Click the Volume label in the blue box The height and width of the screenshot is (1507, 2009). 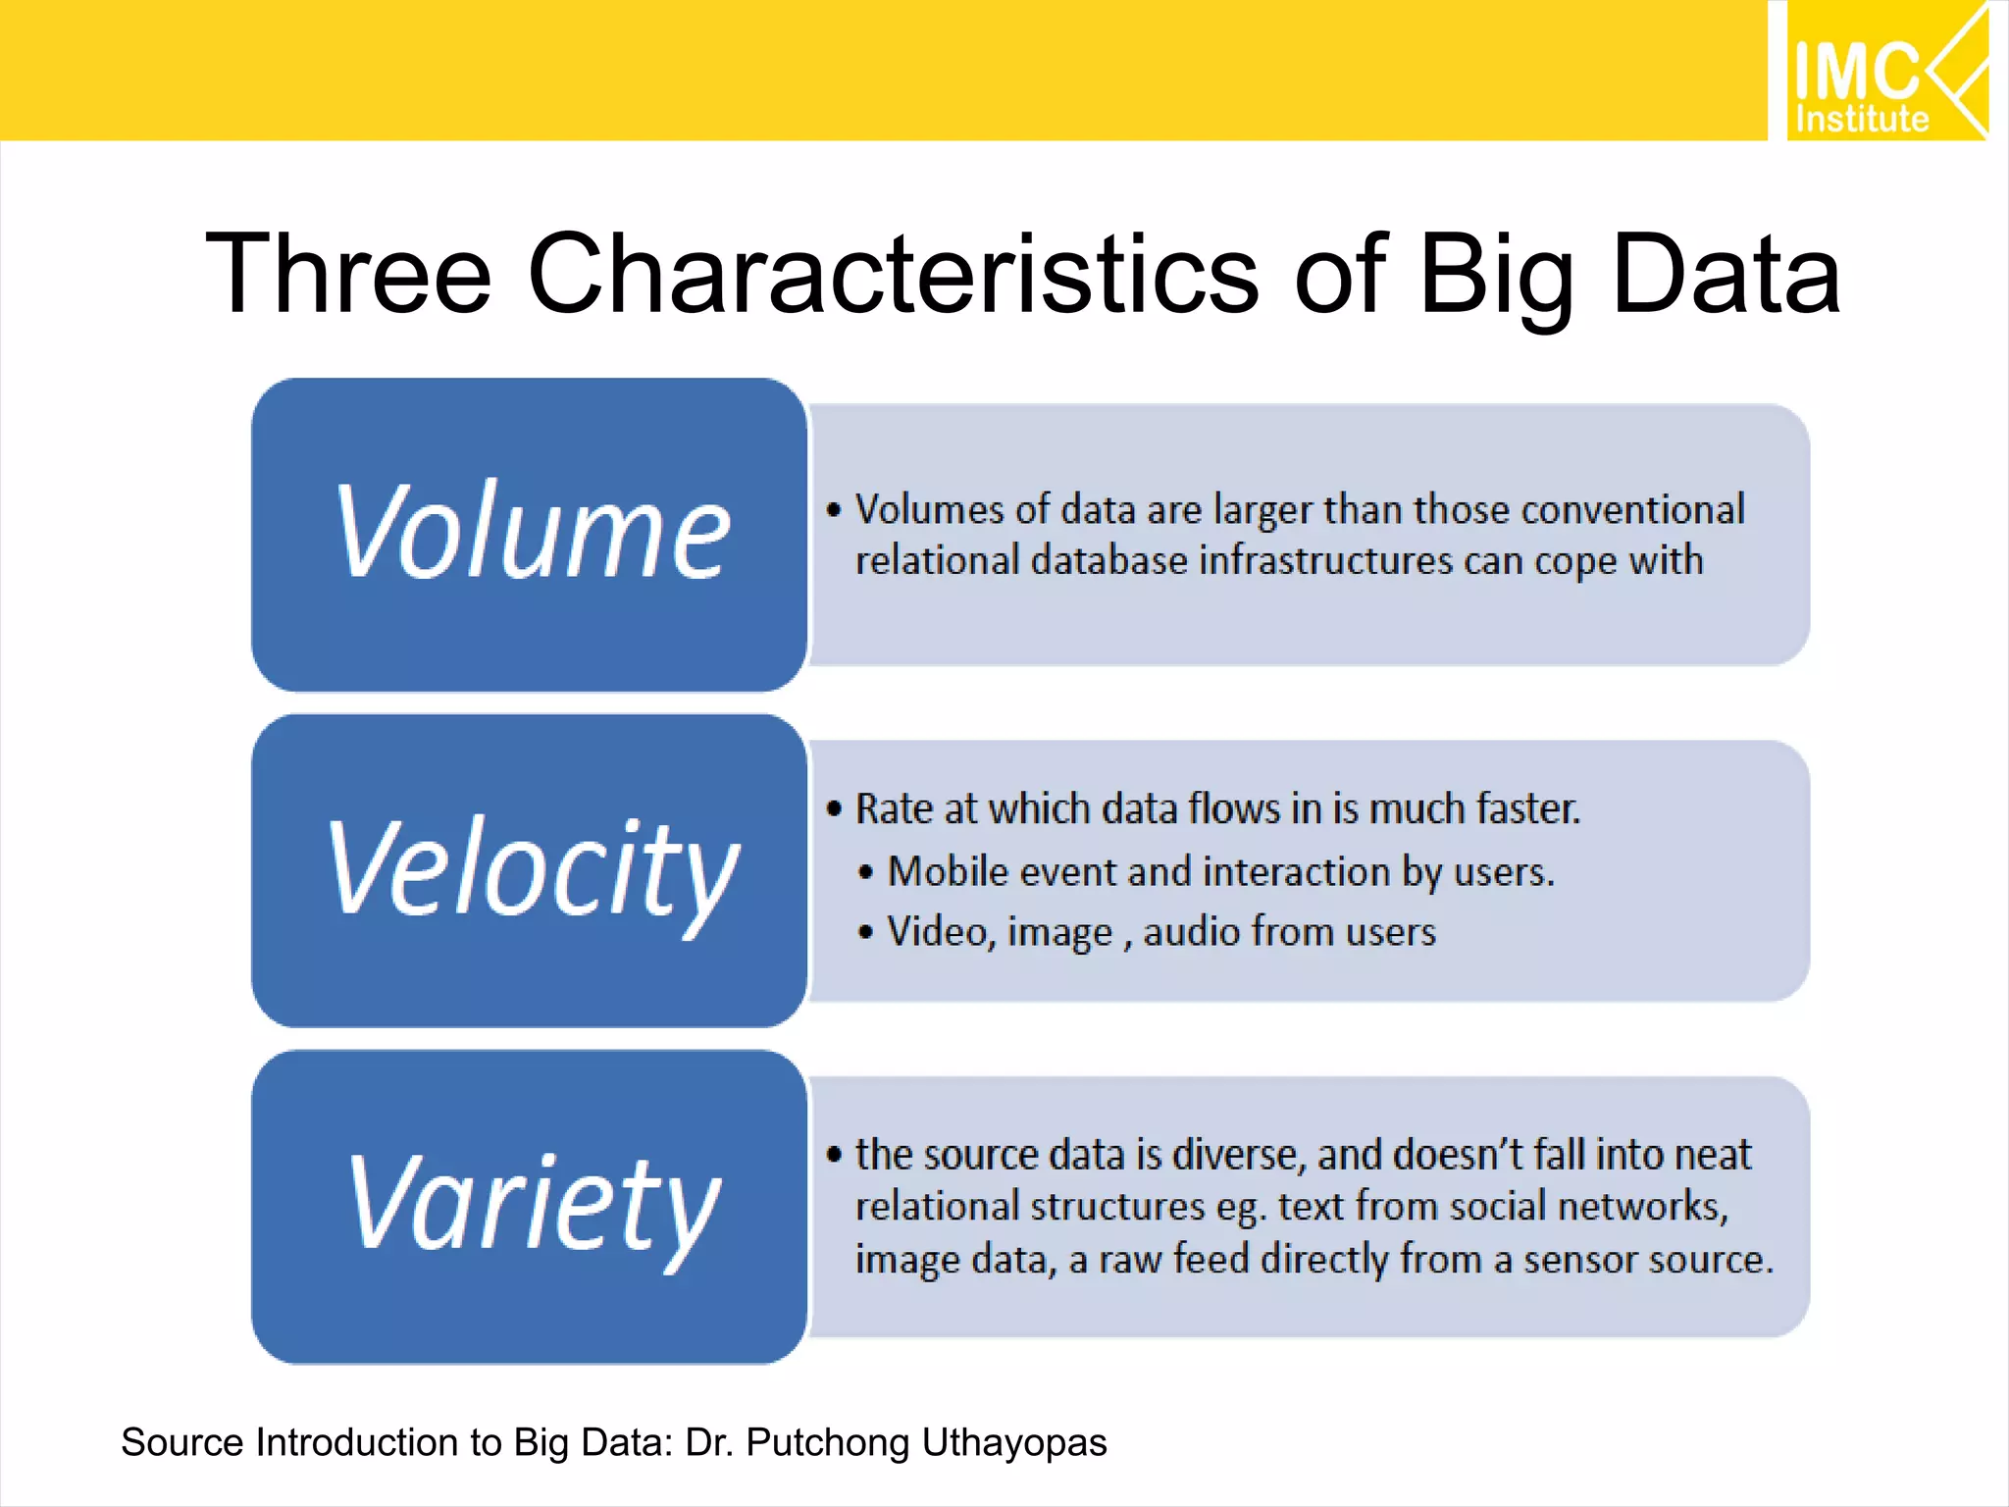[533, 533]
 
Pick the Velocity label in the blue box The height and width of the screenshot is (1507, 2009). [533, 869]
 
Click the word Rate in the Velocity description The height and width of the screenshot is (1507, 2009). [894, 809]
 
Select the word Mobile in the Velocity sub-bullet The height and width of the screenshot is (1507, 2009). [948, 872]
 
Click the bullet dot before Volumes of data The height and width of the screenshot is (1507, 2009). [835, 510]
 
